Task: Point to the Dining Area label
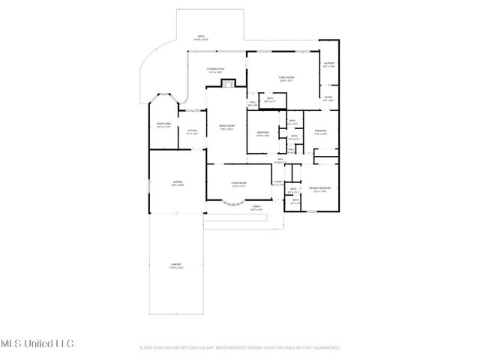pos(163,124)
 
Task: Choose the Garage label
pos(178,182)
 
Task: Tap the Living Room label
pos(239,182)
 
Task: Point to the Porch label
pos(256,208)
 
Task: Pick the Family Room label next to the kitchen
pos(226,127)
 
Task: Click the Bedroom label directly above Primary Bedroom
pos(320,131)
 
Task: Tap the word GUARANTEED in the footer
pos(328,348)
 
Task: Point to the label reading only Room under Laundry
pos(328,97)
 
